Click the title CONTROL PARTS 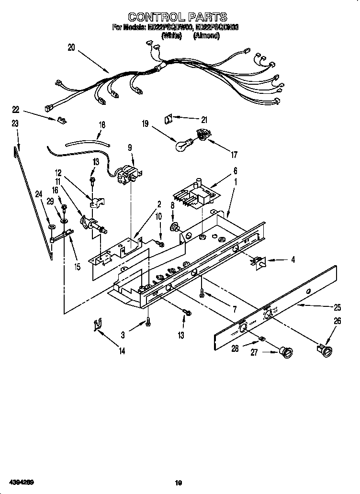(x=178, y=18)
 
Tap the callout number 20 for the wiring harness (x=71, y=47)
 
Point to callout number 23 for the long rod (x=15, y=123)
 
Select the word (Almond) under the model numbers (x=206, y=36)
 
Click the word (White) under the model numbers (x=172, y=36)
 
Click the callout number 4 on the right (x=292, y=260)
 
